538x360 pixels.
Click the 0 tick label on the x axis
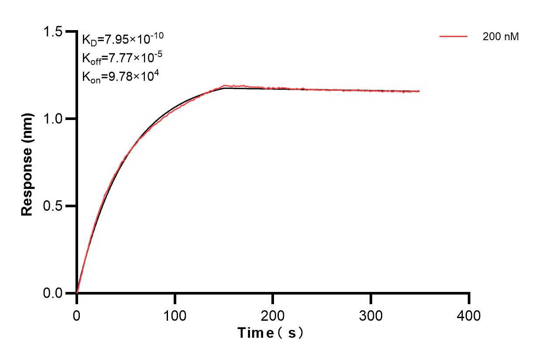point(77,315)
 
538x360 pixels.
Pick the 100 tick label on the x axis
point(175,315)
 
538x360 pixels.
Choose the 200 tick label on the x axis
point(273,315)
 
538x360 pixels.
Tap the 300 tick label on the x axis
point(371,315)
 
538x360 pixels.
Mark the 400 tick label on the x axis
point(469,315)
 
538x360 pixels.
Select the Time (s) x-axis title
point(270,333)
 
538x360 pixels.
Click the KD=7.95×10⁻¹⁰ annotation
point(123,39)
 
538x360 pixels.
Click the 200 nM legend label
point(500,37)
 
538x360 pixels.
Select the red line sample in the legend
point(453,37)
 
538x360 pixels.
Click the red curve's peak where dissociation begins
point(225,86)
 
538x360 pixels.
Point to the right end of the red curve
point(419,91)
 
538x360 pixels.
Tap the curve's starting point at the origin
point(77,293)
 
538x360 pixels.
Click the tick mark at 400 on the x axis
point(469,298)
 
